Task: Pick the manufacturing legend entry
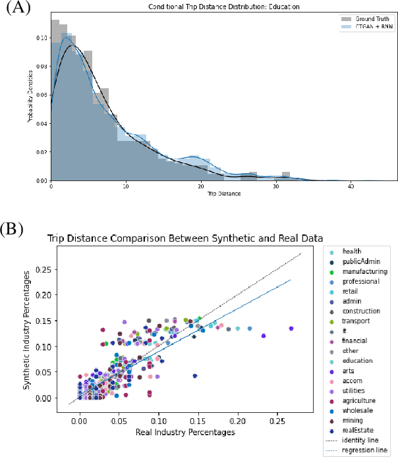click(364, 271)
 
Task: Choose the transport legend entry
click(356, 321)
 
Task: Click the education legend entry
click(358, 361)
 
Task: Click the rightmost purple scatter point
click(291, 328)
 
